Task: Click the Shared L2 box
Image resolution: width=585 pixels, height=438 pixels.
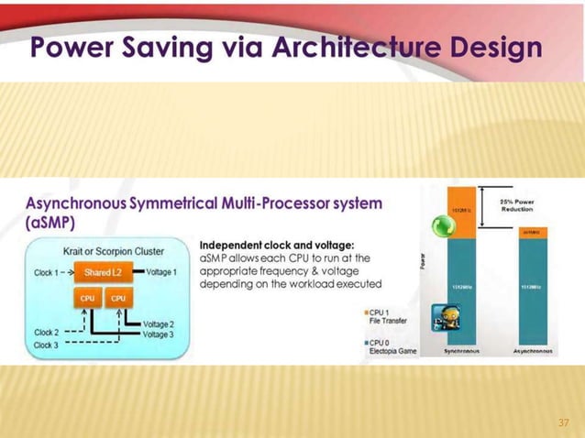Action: pos(104,272)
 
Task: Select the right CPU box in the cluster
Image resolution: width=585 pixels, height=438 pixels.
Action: pos(119,298)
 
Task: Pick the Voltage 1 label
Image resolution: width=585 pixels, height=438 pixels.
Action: pos(161,272)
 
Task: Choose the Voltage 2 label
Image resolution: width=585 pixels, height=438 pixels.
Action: pos(159,324)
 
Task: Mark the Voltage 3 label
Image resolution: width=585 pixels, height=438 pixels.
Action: pos(159,334)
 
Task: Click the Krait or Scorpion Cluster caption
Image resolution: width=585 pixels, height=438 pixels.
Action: pos(106,249)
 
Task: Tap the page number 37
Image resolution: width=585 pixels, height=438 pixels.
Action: pos(564,422)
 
